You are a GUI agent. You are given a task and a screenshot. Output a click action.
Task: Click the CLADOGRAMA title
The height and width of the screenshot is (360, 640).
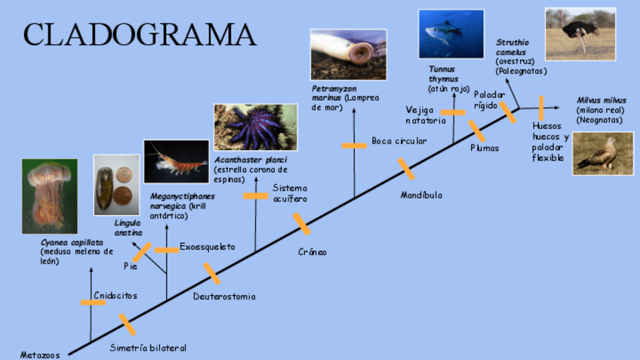140,34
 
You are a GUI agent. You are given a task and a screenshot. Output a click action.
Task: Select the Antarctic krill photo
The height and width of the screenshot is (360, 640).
176,162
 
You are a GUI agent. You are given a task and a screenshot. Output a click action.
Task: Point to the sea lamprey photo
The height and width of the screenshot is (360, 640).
348,54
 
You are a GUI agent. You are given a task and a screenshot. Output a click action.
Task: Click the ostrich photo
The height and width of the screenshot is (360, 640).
580,34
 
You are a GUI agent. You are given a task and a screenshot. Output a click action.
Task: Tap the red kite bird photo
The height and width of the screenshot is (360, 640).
602,153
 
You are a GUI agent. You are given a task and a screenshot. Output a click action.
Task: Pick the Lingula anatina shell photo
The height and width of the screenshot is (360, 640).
116,185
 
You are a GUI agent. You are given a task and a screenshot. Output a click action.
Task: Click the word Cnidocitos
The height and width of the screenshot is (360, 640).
115,296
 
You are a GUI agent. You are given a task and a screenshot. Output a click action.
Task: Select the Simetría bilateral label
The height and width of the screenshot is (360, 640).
148,348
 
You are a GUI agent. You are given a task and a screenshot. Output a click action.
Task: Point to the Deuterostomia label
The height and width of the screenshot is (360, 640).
224,297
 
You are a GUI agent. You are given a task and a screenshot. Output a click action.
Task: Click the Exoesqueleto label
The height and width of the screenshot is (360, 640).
208,247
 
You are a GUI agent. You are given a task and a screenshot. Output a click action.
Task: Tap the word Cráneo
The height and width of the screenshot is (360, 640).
312,252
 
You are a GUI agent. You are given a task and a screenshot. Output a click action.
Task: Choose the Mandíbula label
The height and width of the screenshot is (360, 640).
421,195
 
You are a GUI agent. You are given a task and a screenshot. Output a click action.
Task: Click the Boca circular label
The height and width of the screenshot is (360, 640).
398,141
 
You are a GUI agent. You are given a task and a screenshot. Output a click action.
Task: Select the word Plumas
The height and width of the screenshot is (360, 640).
485,148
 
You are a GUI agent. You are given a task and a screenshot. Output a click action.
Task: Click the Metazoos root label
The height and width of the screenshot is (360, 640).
38,353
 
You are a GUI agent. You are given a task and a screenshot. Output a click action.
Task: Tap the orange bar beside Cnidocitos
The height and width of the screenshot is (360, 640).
93,303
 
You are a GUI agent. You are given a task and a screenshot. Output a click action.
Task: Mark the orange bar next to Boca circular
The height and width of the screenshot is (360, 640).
353,146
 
